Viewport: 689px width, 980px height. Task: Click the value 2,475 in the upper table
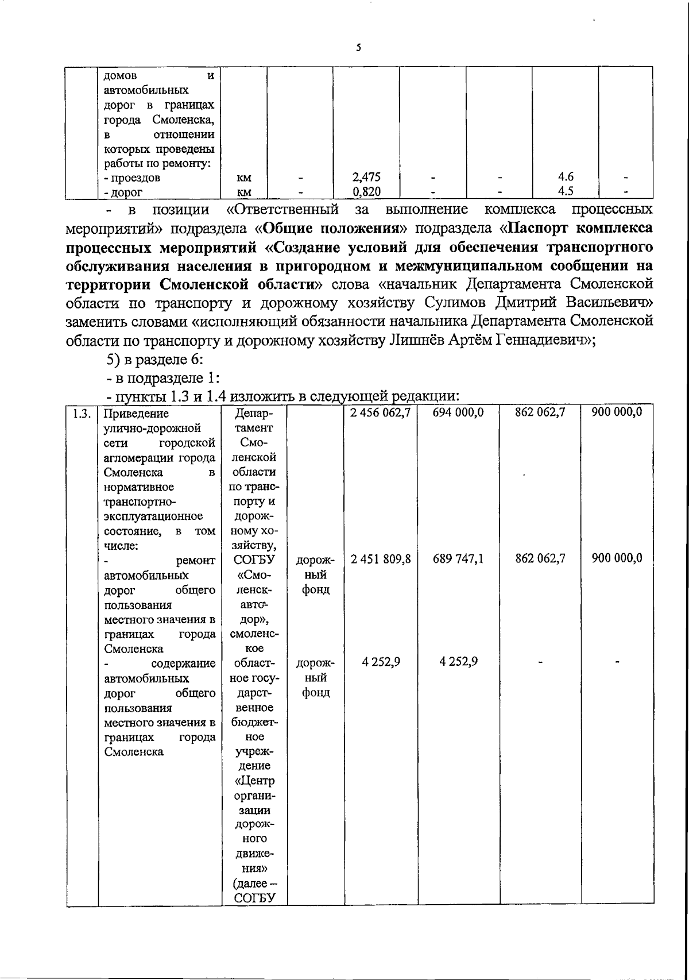coord(366,178)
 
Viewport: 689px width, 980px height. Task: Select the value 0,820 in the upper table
coord(366,192)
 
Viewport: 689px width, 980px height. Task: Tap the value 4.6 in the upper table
coord(565,178)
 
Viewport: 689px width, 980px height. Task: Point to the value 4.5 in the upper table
coord(565,192)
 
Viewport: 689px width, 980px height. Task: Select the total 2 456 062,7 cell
coord(381,412)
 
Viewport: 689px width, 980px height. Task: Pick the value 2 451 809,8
coord(381,558)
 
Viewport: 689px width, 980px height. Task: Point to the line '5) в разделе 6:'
coord(152,360)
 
